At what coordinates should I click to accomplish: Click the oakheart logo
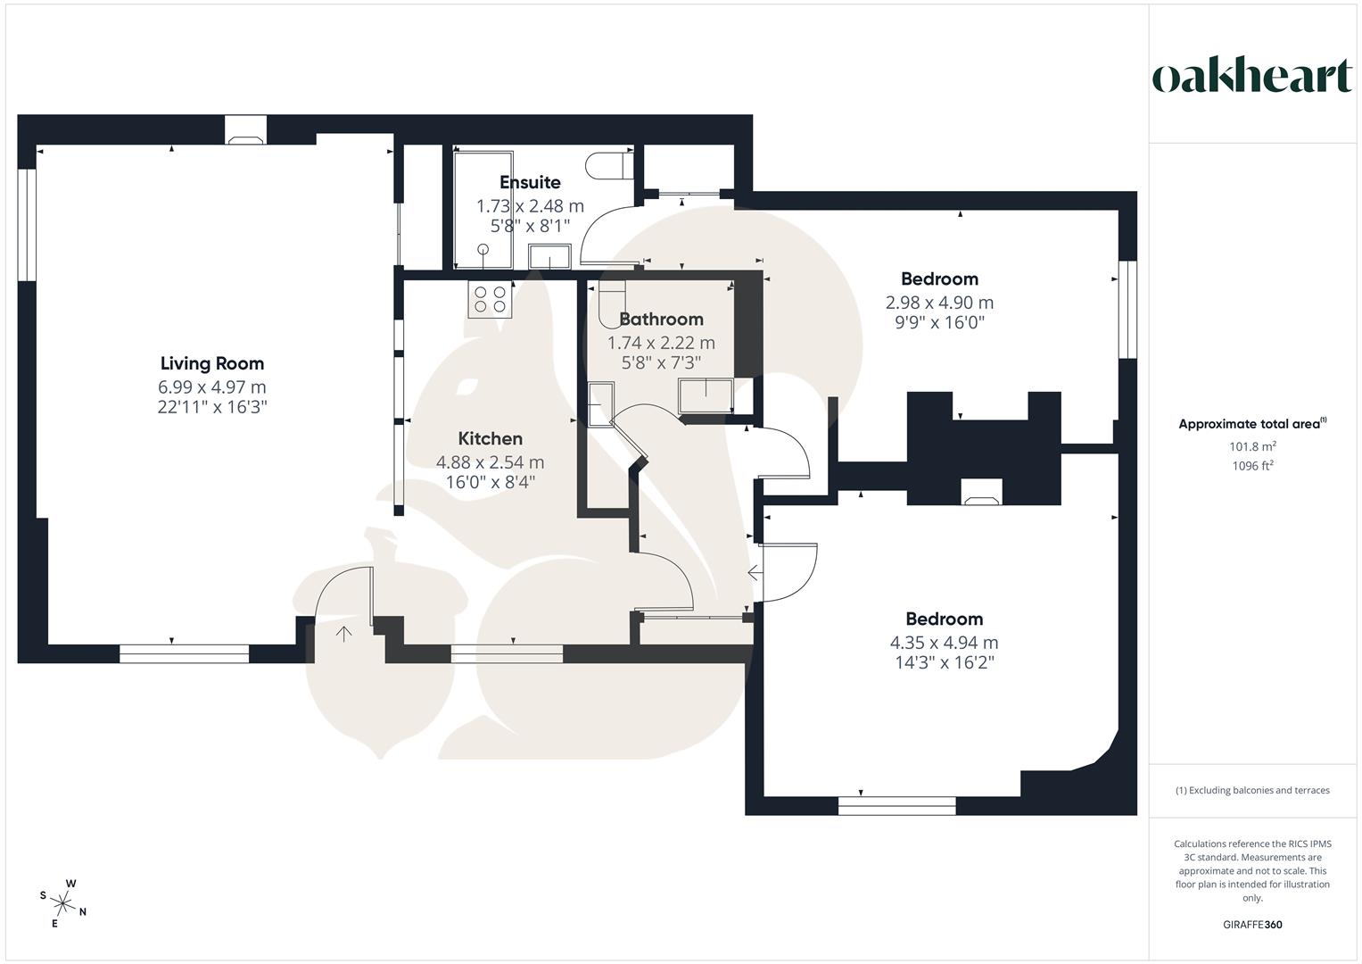click(x=1251, y=77)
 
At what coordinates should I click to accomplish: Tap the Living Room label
click(x=212, y=363)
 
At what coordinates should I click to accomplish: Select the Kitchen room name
click(x=490, y=438)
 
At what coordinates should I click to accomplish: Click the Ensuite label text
click(x=530, y=182)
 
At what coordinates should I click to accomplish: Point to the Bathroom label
click(x=661, y=319)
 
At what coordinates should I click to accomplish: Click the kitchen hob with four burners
click(x=490, y=299)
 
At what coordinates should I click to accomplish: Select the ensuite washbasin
click(x=549, y=257)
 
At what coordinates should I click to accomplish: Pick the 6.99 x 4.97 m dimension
click(x=212, y=386)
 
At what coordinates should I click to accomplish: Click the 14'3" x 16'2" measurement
click(x=944, y=662)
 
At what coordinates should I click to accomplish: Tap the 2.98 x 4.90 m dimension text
click(x=939, y=303)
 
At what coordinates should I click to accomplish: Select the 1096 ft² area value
click(x=1251, y=465)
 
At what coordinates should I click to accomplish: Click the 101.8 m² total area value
click(x=1251, y=446)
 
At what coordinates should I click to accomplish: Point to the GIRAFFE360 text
click(x=1252, y=925)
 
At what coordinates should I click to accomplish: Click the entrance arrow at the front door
click(x=343, y=634)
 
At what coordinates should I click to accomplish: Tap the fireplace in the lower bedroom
click(x=981, y=492)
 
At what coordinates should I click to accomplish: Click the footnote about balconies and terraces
click(x=1251, y=790)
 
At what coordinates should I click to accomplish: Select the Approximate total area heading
click(x=1251, y=424)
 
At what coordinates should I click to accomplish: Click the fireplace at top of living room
click(x=245, y=130)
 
